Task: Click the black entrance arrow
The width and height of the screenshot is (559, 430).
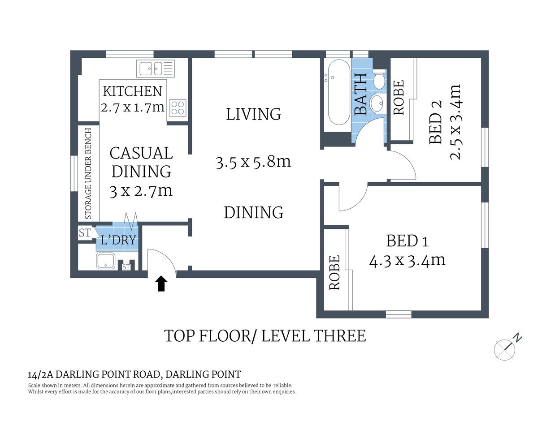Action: tap(161, 284)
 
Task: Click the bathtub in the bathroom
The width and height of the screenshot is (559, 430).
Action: tap(338, 93)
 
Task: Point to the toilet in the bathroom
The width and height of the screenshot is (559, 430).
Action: tap(379, 79)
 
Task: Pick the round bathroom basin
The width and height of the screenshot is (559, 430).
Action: tap(377, 103)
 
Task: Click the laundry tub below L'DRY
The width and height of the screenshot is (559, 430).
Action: tap(105, 261)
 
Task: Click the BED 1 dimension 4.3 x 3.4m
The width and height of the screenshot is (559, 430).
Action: tap(407, 260)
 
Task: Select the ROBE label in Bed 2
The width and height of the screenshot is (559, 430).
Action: tap(399, 97)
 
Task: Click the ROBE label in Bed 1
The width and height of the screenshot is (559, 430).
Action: tap(334, 272)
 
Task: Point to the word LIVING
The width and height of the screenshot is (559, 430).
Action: tap(253, 114)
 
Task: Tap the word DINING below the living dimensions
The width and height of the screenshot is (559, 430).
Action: tap(253, 212)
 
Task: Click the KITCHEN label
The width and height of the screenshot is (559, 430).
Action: tap(132, 91)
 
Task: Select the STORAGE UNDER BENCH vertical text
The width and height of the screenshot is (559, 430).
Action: tap(88, 173)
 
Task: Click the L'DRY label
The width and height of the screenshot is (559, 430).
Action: tap(118, 241)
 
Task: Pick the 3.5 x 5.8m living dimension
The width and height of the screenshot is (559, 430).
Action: tap(253, 162)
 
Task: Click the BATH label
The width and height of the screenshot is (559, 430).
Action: tap(361, 95)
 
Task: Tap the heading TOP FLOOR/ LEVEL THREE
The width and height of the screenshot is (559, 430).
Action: tap(265, 336)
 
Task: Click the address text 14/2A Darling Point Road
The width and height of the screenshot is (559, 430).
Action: tap(134, 374)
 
